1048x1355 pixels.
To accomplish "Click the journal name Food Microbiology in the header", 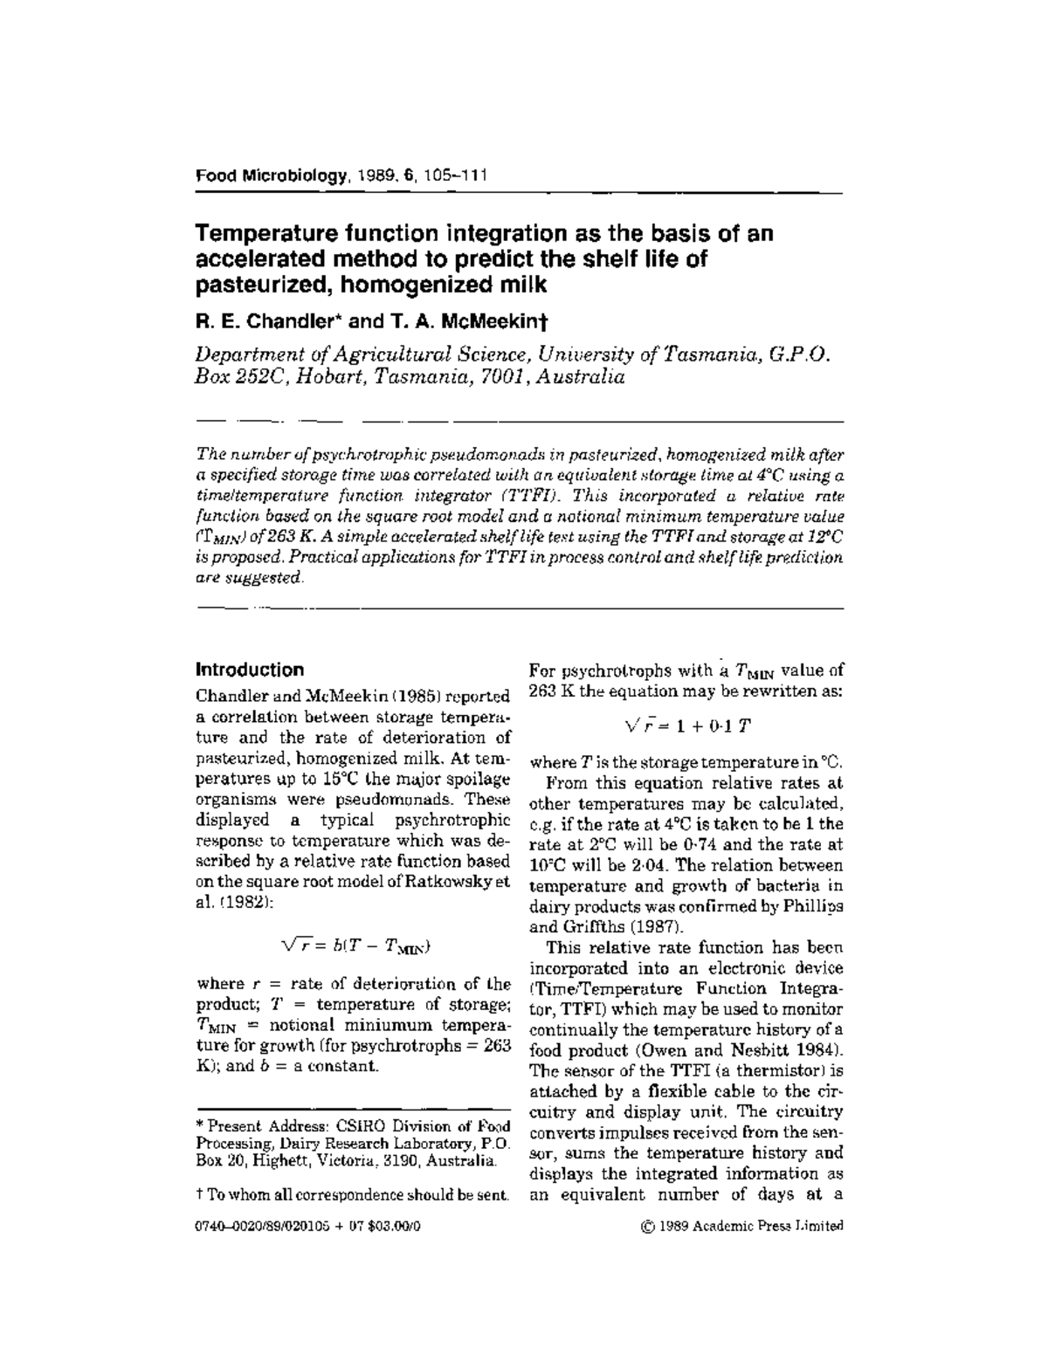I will coord(271,175).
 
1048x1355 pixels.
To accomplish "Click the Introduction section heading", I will coord(250,670).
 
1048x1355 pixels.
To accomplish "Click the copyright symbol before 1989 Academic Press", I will coord(647,1226).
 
